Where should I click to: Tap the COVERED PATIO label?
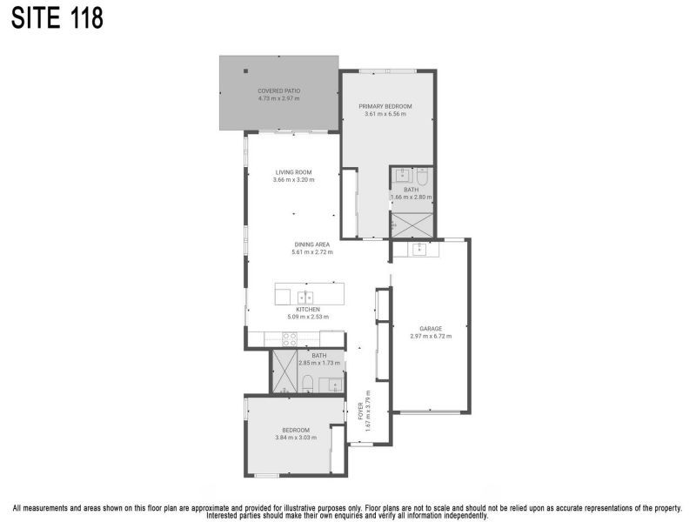pyautogui.click(x=278, y=90)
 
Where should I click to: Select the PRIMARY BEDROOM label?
pyautogui.click(x=385, y=106)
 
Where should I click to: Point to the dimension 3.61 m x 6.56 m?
pyautogui.click(x=385, y=114)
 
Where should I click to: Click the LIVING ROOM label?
pyautogui.click(x=293, y=172)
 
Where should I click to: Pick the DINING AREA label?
pyautogui.click(x=311, y=244)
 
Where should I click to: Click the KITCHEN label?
pyautogui.click(x=308, y=310)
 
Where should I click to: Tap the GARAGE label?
pyautogui.click(x=431, y=329)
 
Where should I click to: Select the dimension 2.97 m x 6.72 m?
pyautogui.click(x=431, y=337)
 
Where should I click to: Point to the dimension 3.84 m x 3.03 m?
pyautogui.click(x=296, y=438)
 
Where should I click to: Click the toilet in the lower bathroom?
pyautogui.click(x=307, y=383)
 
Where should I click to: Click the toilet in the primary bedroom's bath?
pyautogui.click(x=422, y=174)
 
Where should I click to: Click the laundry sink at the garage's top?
pyautogui.click(x=416, y=250)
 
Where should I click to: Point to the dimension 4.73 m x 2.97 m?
pyautogui.click(x=278, y=98)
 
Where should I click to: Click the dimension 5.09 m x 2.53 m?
pyautogui.click(x=308, y=318)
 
